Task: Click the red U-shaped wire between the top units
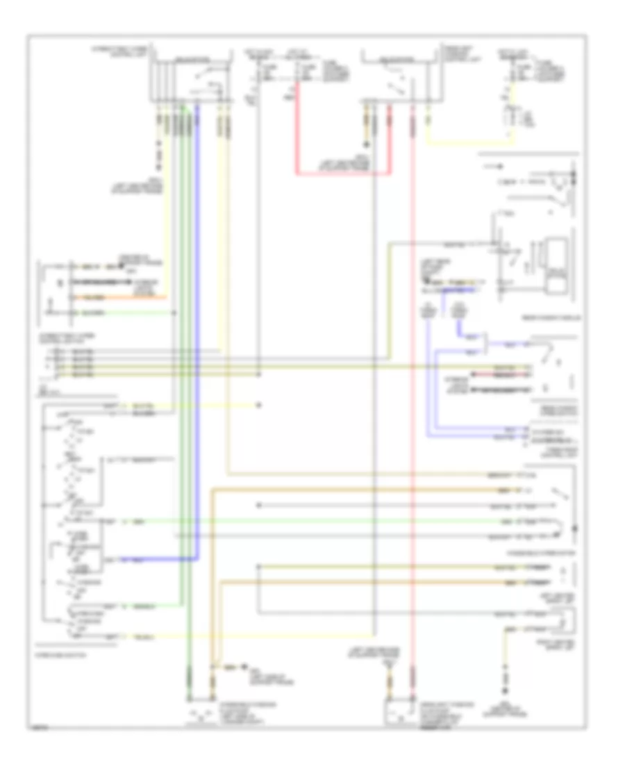(x=340, y=174)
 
